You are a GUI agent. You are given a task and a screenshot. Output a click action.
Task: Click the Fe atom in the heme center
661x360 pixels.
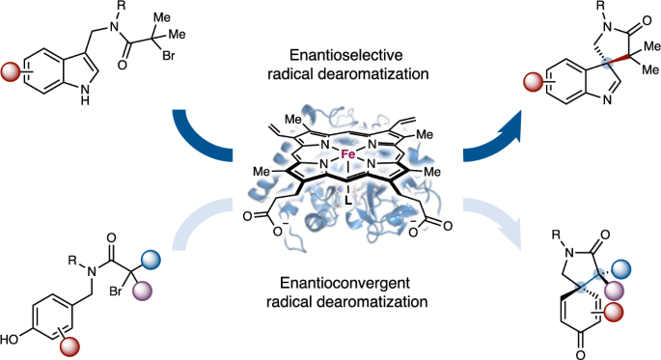[327, 152]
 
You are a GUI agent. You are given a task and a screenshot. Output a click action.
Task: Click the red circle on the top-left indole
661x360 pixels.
[14, 72]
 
